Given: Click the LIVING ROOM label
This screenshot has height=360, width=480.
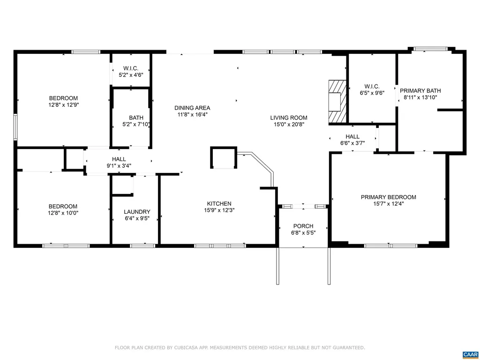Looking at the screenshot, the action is (x=289, y=118).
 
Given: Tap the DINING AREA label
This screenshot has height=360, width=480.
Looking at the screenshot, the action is (x=192, y=108).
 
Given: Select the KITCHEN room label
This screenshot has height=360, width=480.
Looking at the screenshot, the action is (x=219, y=203).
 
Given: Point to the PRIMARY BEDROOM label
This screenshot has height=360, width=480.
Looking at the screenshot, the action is (x=389, y=197).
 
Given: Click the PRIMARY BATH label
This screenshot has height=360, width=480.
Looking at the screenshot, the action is (x=420, y=90).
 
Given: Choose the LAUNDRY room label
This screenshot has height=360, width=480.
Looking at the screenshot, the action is (x=137, y=212).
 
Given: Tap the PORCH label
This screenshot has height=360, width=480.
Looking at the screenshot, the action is (x=303, y=226).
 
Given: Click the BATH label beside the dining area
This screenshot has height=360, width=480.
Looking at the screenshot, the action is (x=136, y=118).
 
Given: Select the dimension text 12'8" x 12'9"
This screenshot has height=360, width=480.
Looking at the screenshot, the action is (x=63, y=105).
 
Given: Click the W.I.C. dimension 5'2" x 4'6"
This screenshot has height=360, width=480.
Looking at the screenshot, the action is (x=131, y=75).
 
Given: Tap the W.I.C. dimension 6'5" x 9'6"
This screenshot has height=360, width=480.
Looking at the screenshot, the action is (x=372, y=93).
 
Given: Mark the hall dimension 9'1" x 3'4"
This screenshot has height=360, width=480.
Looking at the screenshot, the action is (x=119, y=166).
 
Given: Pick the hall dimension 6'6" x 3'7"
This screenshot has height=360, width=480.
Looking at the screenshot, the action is (x=352, y=143).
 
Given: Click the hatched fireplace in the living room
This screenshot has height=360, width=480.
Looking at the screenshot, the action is (x=337, y=102).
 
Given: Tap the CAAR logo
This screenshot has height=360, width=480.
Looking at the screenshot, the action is (x=470, y=354).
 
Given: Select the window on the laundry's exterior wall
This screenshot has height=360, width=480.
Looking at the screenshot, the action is (x=142, y=246).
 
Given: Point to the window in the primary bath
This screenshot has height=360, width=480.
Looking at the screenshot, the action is (x=430, y=49).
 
